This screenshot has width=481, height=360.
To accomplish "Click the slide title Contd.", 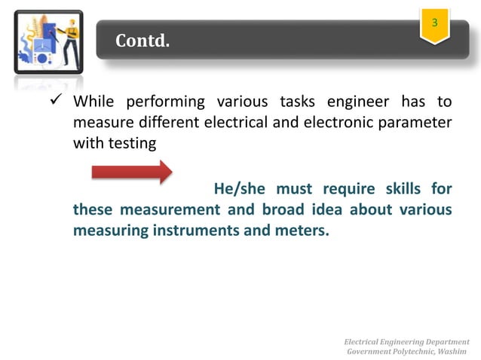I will [142, 41].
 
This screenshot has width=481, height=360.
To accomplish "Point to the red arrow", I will [132, 172].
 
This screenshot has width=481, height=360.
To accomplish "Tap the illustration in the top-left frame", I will [48, 41].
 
